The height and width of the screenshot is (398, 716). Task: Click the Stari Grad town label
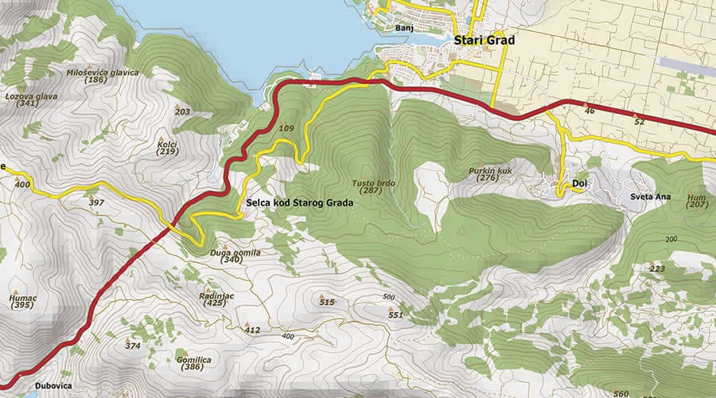point(484,41)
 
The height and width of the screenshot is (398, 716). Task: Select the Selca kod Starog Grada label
point(299,203)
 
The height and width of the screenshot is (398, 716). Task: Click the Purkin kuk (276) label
point(488,174)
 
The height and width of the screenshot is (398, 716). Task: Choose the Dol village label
point(580,182)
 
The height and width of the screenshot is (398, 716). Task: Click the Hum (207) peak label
point(697,200)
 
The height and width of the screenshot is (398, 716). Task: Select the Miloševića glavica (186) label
point(103,76)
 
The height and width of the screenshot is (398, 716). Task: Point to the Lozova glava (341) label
point(32,99)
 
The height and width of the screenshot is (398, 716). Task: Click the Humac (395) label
point(22,302)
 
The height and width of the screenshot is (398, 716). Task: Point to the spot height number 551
point(395,315)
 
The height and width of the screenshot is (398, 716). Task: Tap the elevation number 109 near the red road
point(287,128)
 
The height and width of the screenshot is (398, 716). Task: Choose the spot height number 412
point(252,330)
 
